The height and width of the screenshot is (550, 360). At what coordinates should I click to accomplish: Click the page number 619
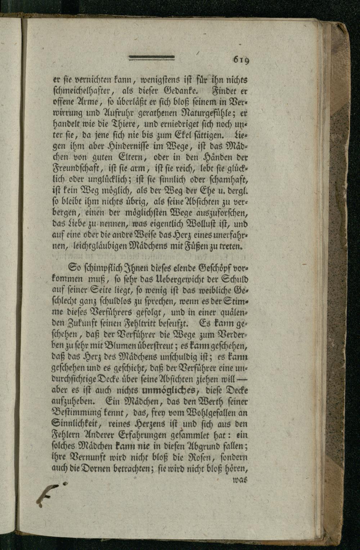pyautogui.click(x=241, y=59)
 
